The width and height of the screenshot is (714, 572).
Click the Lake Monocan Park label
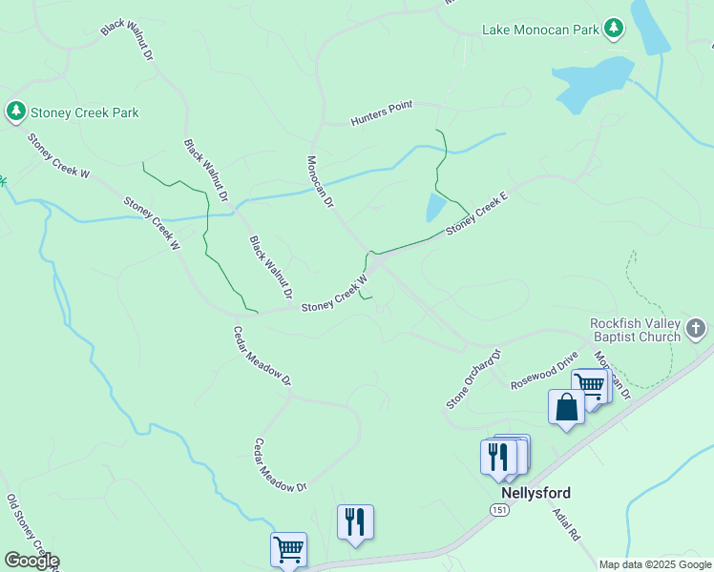[x=540, y=29]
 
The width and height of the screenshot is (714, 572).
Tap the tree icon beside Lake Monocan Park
[x=614, y=29]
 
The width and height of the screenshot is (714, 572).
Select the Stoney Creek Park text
[x=85, y=112]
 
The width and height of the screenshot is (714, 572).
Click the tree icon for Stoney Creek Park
[x=16, y=112]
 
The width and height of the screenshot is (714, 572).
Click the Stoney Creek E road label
[x=477, y=213]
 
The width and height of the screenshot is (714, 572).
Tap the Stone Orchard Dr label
[x=473, y=379]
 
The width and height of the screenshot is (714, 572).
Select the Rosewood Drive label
[x=545, y=371]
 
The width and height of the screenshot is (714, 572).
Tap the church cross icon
[x=697, y=330]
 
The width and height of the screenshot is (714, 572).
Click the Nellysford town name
[x=536, y=493]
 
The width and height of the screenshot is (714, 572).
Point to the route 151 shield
[x=500, y=511]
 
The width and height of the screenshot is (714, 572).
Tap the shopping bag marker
[x=567, y=407]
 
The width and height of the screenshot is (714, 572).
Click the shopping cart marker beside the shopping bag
[x=592, y=387]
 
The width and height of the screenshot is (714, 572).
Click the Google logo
[x=31, y=561]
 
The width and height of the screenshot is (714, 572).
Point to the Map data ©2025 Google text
[x=654, y=564]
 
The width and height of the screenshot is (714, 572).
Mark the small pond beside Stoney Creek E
[x=435, y=207]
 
